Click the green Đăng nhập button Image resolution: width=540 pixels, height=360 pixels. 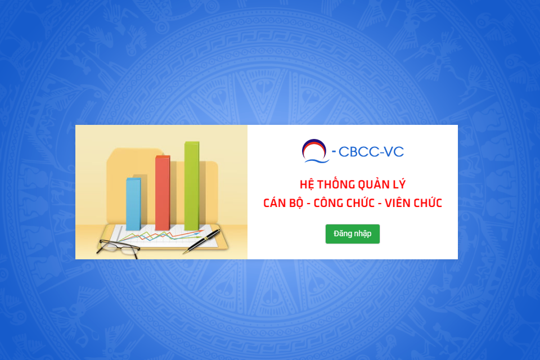pyautogui.click(x=352, y=234)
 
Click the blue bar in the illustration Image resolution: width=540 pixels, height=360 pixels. pyautogui.click(x=133, y=204)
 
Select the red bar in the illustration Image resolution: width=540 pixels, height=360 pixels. pyautogui.click(x=163, y=193)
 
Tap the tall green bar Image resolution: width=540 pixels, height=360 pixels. pyautogui.click(x=192, y=186)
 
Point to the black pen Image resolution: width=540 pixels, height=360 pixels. pyautogui.click(x=201, y=241)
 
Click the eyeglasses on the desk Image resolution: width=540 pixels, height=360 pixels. pyautogui.click(x=119, y=247)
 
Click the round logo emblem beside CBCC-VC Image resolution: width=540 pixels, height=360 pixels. pyautogui.click(x=315, y=151)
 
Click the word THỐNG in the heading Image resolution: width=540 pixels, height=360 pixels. pyautogui.click(x=336, y=184)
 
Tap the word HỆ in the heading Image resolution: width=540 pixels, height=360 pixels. pyautogui.click(x=307, y=184)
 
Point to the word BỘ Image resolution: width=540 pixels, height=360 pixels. pyautogui.click(x=296, y=203)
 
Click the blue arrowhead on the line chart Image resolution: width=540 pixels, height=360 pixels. pyautogui.click(x=197, y=233)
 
